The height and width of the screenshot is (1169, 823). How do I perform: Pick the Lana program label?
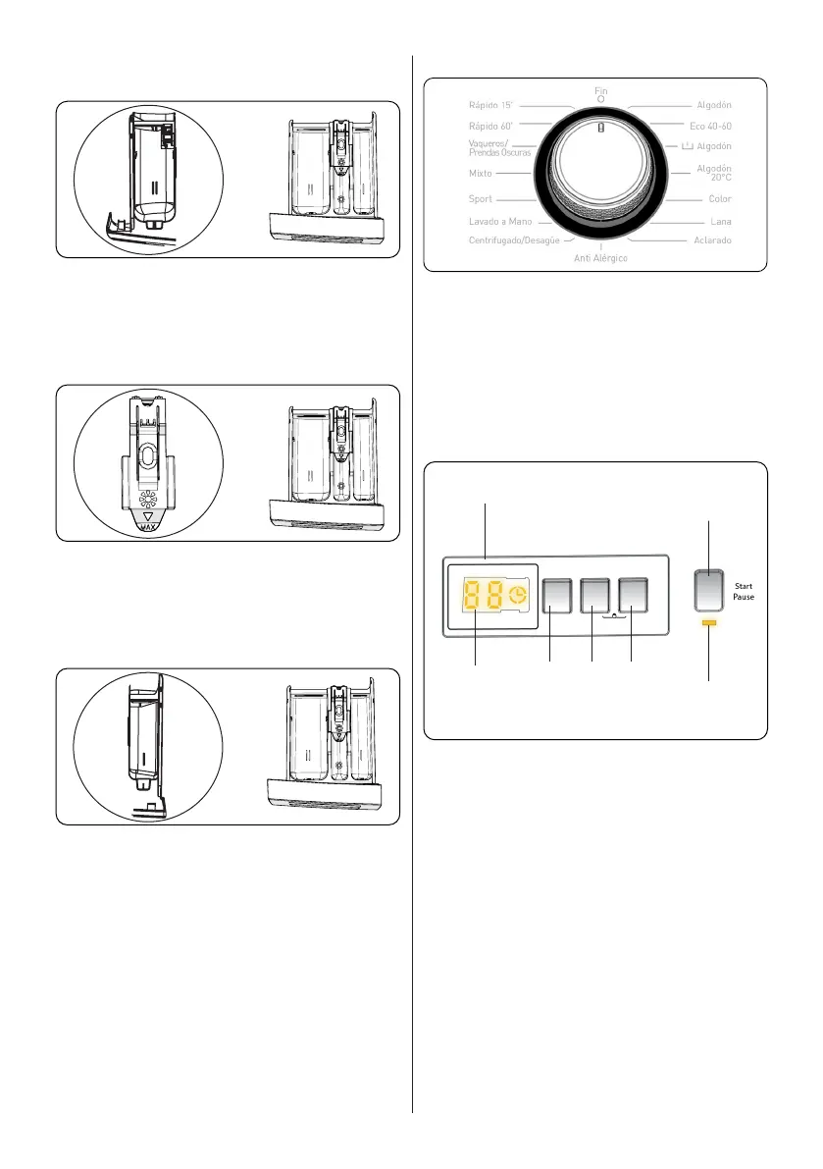point(720,222)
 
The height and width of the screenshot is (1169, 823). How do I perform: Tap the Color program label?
point(719,198)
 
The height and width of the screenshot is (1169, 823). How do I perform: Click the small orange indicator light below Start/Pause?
point(709,622)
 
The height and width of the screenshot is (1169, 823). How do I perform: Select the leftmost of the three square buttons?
point(558,595)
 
